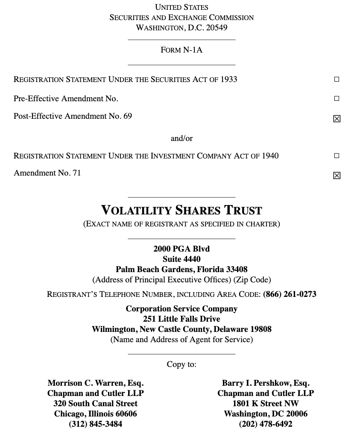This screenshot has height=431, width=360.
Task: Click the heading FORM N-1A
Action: (181, 50)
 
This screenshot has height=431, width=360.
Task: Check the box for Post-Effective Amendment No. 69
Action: (337, 119)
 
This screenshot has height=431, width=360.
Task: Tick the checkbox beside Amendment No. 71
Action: (337, 176)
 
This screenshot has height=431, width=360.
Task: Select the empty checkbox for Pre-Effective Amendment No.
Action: (337, 98)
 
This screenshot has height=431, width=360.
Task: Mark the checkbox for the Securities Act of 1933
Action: (337, 79)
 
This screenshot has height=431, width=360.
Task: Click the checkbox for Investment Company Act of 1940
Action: (337, 155)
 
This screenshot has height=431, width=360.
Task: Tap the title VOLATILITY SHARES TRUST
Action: (181, 210)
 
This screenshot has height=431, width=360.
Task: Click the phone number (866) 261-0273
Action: (290, 294)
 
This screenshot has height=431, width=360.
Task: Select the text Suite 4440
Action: (181, 259)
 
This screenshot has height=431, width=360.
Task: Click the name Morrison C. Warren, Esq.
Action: (96, 383)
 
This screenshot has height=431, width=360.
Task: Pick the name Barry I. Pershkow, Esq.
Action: (266, 383)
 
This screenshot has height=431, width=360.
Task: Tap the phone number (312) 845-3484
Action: (96, 424)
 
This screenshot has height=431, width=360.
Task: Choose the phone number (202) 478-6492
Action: (266, 424)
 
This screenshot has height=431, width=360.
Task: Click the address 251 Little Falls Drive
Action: (181, 319)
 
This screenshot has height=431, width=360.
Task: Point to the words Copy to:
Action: (181, 364)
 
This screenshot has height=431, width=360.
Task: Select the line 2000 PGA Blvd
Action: (181, 249)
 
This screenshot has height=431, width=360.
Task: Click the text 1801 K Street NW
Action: (266, 403)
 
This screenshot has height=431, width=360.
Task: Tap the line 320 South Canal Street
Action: (96, 403)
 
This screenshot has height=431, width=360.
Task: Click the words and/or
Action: (181, 138)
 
